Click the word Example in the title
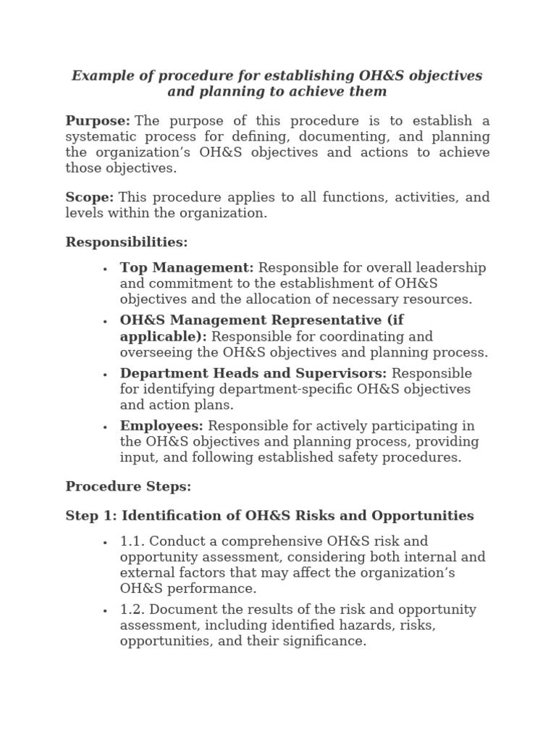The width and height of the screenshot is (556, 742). pos(101,76)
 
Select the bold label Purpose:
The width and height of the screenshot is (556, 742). pos(98,120)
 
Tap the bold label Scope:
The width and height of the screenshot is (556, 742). pos(90,197)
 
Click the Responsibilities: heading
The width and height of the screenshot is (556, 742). pos(127,242)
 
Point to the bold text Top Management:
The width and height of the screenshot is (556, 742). pos(187,268)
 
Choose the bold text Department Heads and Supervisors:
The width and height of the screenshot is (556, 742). pos(253,373)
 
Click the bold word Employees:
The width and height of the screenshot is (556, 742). pos(161,426)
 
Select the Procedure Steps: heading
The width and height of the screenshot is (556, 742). pos(128,487)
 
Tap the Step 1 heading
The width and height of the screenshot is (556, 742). pos(269,516)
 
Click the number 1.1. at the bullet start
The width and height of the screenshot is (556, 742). pos(132,541)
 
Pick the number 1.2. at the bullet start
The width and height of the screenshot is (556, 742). pos(132,609)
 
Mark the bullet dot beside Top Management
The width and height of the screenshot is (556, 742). pos(105,269)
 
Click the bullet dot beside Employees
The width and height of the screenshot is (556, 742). pos(105,427)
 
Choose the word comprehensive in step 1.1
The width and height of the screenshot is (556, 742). pos(261,541)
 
